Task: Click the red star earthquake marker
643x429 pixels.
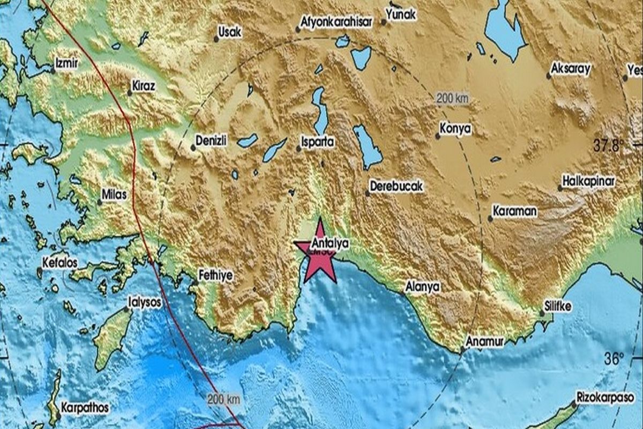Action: pyautogui.click(x=320, y=252)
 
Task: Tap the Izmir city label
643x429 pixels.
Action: pyautogui.click(x=68, y=63)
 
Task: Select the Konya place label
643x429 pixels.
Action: pyautogui.click(x=455, y=129)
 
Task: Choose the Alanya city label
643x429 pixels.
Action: pyautogui.click(x=423, y=287)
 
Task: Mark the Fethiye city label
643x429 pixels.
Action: pyautogui.click(x=215, y=275)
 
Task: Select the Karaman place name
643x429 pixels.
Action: pyautogui.click(x=514, y=211)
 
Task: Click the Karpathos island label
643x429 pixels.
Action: pyautogui.click(x=85, y=408)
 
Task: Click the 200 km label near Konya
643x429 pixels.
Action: pyautogui.click(x=452, y=98)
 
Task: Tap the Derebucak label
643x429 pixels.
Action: pyautogui.click(x=397, y=186)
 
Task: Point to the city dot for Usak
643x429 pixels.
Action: pyautogui.click(x=216, y=39)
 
